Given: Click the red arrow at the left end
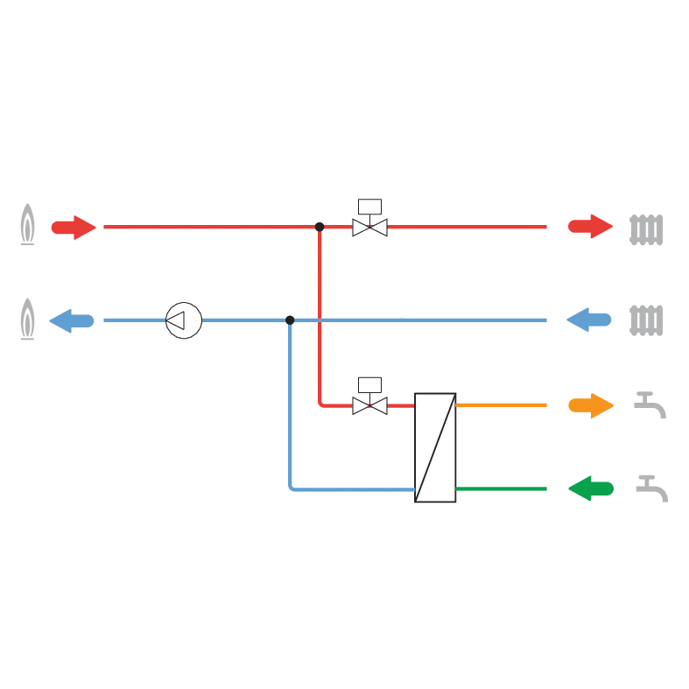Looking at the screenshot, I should click(x=72, y=228).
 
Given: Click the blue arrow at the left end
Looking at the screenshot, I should click(x=72, y=320).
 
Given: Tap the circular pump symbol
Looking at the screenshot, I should click(x=184, y=320).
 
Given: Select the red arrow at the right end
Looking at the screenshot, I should click(x=590, y=227).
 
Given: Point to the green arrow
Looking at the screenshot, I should click(x=591, y=488).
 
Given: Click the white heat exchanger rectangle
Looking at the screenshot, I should click(x=435, y=448).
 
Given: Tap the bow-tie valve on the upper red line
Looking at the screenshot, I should click(x=369, y=228).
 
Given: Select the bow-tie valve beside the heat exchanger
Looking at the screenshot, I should click(x=369, y=405).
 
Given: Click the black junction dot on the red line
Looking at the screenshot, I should click(x=320, y=226).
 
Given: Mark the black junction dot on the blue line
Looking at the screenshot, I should click(x=288, y=321).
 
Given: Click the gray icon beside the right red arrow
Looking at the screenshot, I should click(x=645, y=230).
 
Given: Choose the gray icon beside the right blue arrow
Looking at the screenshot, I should click(x=645, y=320).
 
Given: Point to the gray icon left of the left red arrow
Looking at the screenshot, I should click(x=26, y=224).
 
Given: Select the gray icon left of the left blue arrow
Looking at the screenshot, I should click(x=26, y=318).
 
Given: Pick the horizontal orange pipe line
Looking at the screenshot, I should click(x=503, y=405).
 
